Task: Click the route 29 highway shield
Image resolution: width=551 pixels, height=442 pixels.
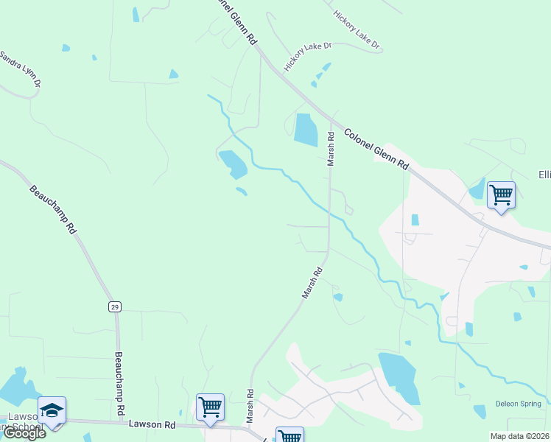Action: click(x=115, y=306)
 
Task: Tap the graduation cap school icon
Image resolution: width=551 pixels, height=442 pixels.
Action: click(x=52, y=410)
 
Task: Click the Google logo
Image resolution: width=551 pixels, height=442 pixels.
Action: click(x=24, y=433)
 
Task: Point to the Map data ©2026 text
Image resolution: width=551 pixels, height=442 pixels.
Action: click(x=519, y=436)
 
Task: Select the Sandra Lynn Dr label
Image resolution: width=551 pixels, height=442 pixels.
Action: click(x=20, y=70)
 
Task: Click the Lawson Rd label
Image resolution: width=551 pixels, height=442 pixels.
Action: click(x=152, y=424)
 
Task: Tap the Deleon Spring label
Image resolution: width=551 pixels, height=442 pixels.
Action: click(x=521, y=404)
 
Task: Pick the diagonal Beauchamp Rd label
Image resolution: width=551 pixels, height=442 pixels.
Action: click(x=54, y=209)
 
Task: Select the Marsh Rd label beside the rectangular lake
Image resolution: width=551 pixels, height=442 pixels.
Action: click(x=331, y=147)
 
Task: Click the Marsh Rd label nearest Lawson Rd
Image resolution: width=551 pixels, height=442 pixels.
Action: click(x=250, y=406)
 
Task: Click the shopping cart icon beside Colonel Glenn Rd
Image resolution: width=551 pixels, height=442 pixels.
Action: click(x=501, y=195)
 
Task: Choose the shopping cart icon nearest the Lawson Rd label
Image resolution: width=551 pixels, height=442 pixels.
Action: click(x=211, y=406)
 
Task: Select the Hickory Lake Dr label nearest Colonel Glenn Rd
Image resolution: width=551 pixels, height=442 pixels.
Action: click(x=309, y=57)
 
